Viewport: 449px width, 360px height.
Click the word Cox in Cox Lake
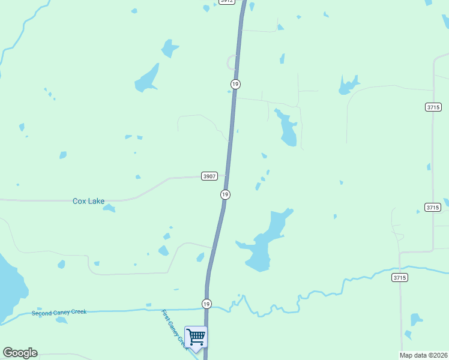coord(79,201)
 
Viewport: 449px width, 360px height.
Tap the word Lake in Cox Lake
coord(96,201)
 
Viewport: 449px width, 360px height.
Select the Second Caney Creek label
coord(59,313)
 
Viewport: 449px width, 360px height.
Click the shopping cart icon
coord(196,337)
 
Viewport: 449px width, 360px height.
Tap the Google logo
coord(20,353)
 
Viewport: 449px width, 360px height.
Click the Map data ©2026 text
coord(424,355)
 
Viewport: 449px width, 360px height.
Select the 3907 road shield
coord(209,176)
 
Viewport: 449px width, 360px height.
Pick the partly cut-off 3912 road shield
coord(226,2)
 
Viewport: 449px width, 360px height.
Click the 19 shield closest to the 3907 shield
coord(225,194)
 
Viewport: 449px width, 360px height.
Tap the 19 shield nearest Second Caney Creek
coord(206,304)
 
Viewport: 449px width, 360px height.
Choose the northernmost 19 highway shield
coord(235,84)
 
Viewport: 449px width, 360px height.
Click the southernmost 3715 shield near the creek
coord(400,277)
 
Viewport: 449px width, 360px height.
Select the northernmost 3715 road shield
coord(433,107)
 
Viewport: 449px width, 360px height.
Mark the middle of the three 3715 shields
coord(433,207)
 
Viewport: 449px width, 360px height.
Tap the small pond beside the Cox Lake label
coord(109,208)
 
